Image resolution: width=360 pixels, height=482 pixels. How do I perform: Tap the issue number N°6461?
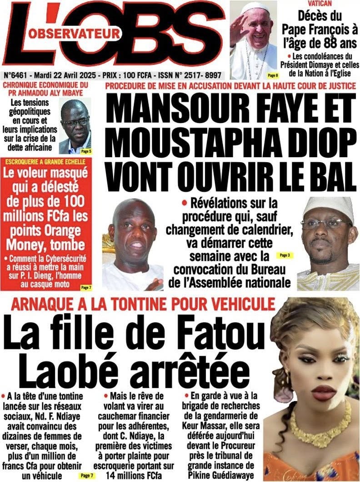pos(16,75)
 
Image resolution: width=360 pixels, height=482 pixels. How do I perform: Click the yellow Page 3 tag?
pos(285,256)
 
